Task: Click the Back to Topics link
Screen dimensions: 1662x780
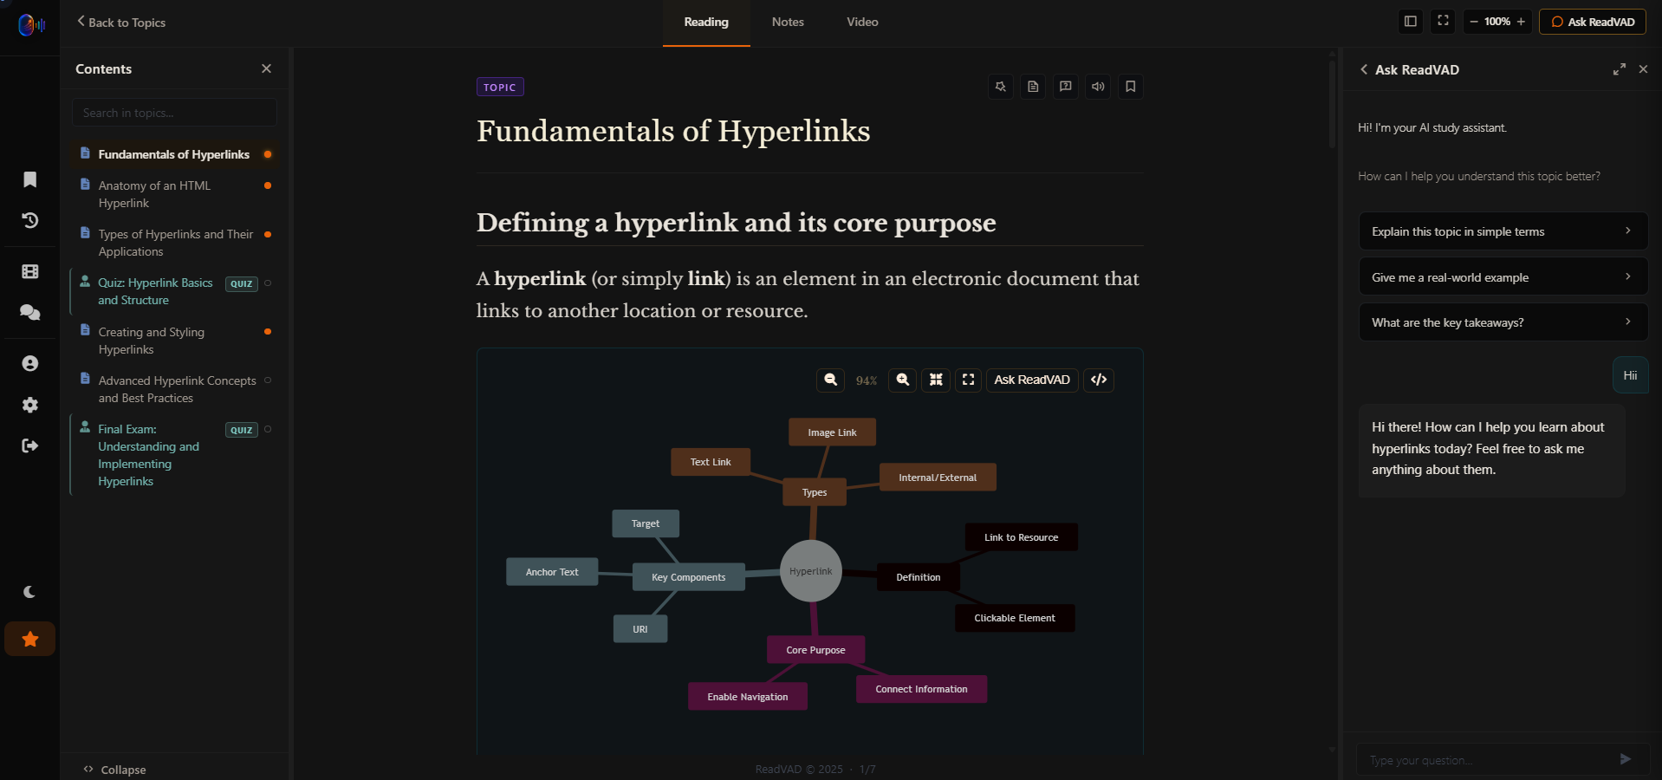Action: click(121, 23)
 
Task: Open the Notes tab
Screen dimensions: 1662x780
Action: click(788, 23)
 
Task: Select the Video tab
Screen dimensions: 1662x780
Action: click(862, 23)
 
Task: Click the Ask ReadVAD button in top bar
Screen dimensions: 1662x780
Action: click(1593, 22)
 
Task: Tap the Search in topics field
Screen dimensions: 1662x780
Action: click(174, 113)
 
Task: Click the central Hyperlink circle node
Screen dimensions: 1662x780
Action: click(811, 571)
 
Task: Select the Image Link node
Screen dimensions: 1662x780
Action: click(832, 432)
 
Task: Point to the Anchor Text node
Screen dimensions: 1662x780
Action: click(552, 572)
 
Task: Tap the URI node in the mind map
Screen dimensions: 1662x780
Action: click(640, 629)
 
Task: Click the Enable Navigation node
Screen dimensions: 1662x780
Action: click(748, 697)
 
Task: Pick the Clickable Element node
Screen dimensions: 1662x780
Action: click(1015, 618)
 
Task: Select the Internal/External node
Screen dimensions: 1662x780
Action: click(938, 478)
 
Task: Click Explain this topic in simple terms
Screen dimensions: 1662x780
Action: click(1503, 231)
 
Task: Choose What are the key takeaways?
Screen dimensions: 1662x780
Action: click(1503, 322)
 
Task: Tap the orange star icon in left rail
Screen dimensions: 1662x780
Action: click(30, 640)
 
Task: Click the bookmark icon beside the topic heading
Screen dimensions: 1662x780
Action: click(1130, 87)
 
